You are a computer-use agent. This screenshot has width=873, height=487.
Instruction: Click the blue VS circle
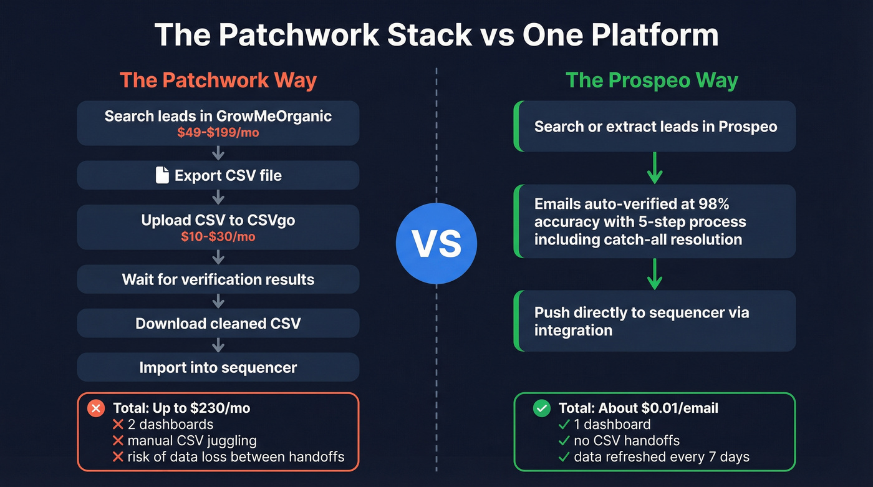click(x=436, y=244)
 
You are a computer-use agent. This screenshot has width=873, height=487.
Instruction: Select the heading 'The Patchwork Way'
click(x=218, y=80)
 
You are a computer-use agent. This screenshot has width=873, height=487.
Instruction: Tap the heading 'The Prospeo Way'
click(x=652, y=80)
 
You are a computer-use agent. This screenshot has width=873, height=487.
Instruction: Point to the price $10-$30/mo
click(x=218, y=236)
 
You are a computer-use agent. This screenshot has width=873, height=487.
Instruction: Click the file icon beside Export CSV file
click(x=162, y=175)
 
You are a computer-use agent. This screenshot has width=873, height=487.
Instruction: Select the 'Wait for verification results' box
click(x=218, y=279)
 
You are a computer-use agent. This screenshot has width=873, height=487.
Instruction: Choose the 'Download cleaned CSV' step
click(x=218, y=323)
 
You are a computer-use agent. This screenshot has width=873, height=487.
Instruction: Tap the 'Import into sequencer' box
click(x=218, y=367)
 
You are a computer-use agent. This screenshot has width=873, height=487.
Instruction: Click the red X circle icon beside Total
click(x=96, y=408)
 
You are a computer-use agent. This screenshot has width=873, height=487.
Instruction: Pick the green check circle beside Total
click(x=542, y=408)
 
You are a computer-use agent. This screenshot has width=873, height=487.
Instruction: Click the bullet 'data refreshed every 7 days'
click(x=661, y=457)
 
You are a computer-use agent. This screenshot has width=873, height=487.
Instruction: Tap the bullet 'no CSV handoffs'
click(x=626, y=441)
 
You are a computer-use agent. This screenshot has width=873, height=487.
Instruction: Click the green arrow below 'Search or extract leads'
click(x=654, y=168)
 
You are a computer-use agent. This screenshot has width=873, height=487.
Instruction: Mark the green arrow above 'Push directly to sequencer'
click(x=654, y=274)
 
